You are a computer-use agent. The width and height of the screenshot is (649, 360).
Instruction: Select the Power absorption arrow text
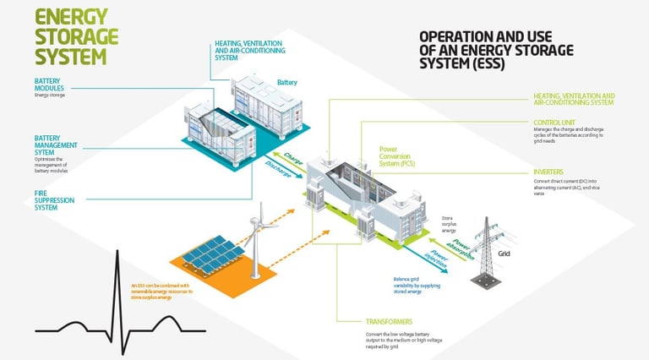pyautogui.click(x=460, y=248)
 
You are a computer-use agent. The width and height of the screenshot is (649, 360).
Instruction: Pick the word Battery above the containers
pyautogui.click(x=287, y=82)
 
